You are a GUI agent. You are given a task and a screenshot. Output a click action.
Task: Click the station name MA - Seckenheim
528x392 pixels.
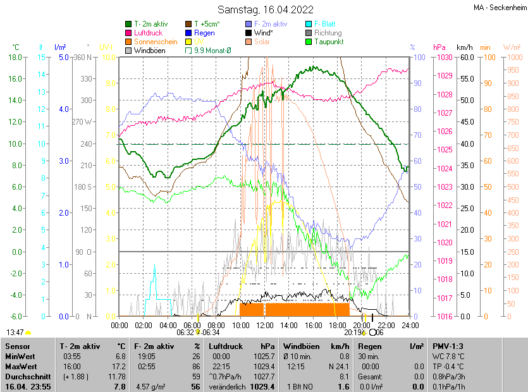(500, 8)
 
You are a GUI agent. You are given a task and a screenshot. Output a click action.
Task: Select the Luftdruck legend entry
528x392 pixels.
(149, 33)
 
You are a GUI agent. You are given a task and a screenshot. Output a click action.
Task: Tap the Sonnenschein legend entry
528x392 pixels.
(154, 42)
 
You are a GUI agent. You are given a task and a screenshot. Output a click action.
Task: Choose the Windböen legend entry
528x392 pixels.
(149, 50)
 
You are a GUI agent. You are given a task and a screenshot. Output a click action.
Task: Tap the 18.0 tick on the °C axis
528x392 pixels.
(16, 58)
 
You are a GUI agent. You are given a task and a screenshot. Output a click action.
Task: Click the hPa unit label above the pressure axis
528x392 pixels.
(439, 47)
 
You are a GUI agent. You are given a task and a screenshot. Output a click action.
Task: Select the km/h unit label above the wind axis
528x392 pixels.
(464, 47)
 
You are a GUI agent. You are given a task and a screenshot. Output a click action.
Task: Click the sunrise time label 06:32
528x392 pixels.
(185, 332)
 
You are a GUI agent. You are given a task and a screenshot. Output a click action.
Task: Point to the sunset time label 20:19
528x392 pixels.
(352, 332)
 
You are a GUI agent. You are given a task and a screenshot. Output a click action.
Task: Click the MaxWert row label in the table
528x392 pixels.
(20, 366)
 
